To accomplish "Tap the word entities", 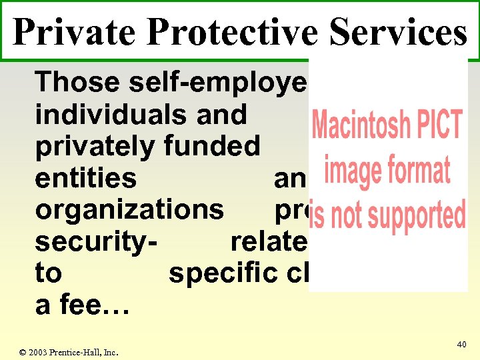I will click(86, 179).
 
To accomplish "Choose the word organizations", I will click(130, 210).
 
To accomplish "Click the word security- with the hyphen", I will click(96, 242).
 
